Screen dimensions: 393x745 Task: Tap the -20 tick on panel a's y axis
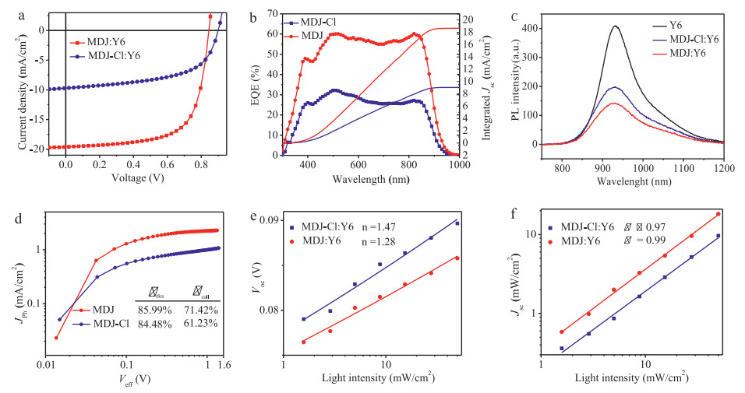[42, 148]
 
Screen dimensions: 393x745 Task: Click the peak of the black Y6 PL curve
[616, 26]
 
